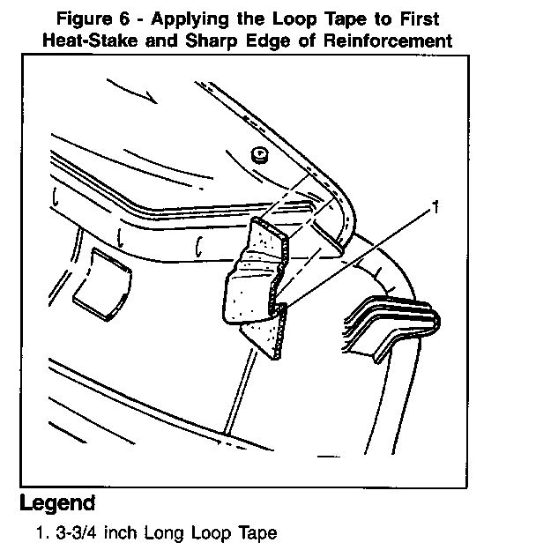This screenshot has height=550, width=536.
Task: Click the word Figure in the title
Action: (84, 19)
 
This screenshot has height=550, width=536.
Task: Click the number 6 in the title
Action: (124, 19)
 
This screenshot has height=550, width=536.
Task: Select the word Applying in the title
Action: (190, 19)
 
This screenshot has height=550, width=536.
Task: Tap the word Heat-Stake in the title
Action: (90, 41)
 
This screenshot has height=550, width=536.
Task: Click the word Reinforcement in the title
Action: (388, 41)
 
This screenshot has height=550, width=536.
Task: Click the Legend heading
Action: (57, 503)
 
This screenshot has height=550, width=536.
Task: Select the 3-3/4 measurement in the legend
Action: (77, 532)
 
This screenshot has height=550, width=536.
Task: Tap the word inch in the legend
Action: (121, 532)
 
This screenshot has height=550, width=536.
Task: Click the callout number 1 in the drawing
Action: (435, 207)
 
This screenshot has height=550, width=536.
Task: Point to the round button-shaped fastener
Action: (259, 155)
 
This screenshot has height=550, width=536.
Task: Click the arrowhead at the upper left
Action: (153, 98)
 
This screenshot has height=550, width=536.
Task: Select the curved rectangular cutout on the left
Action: (102, 284)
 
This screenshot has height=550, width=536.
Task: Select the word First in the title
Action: (420, 19)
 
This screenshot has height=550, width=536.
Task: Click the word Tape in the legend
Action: (258, 533)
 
